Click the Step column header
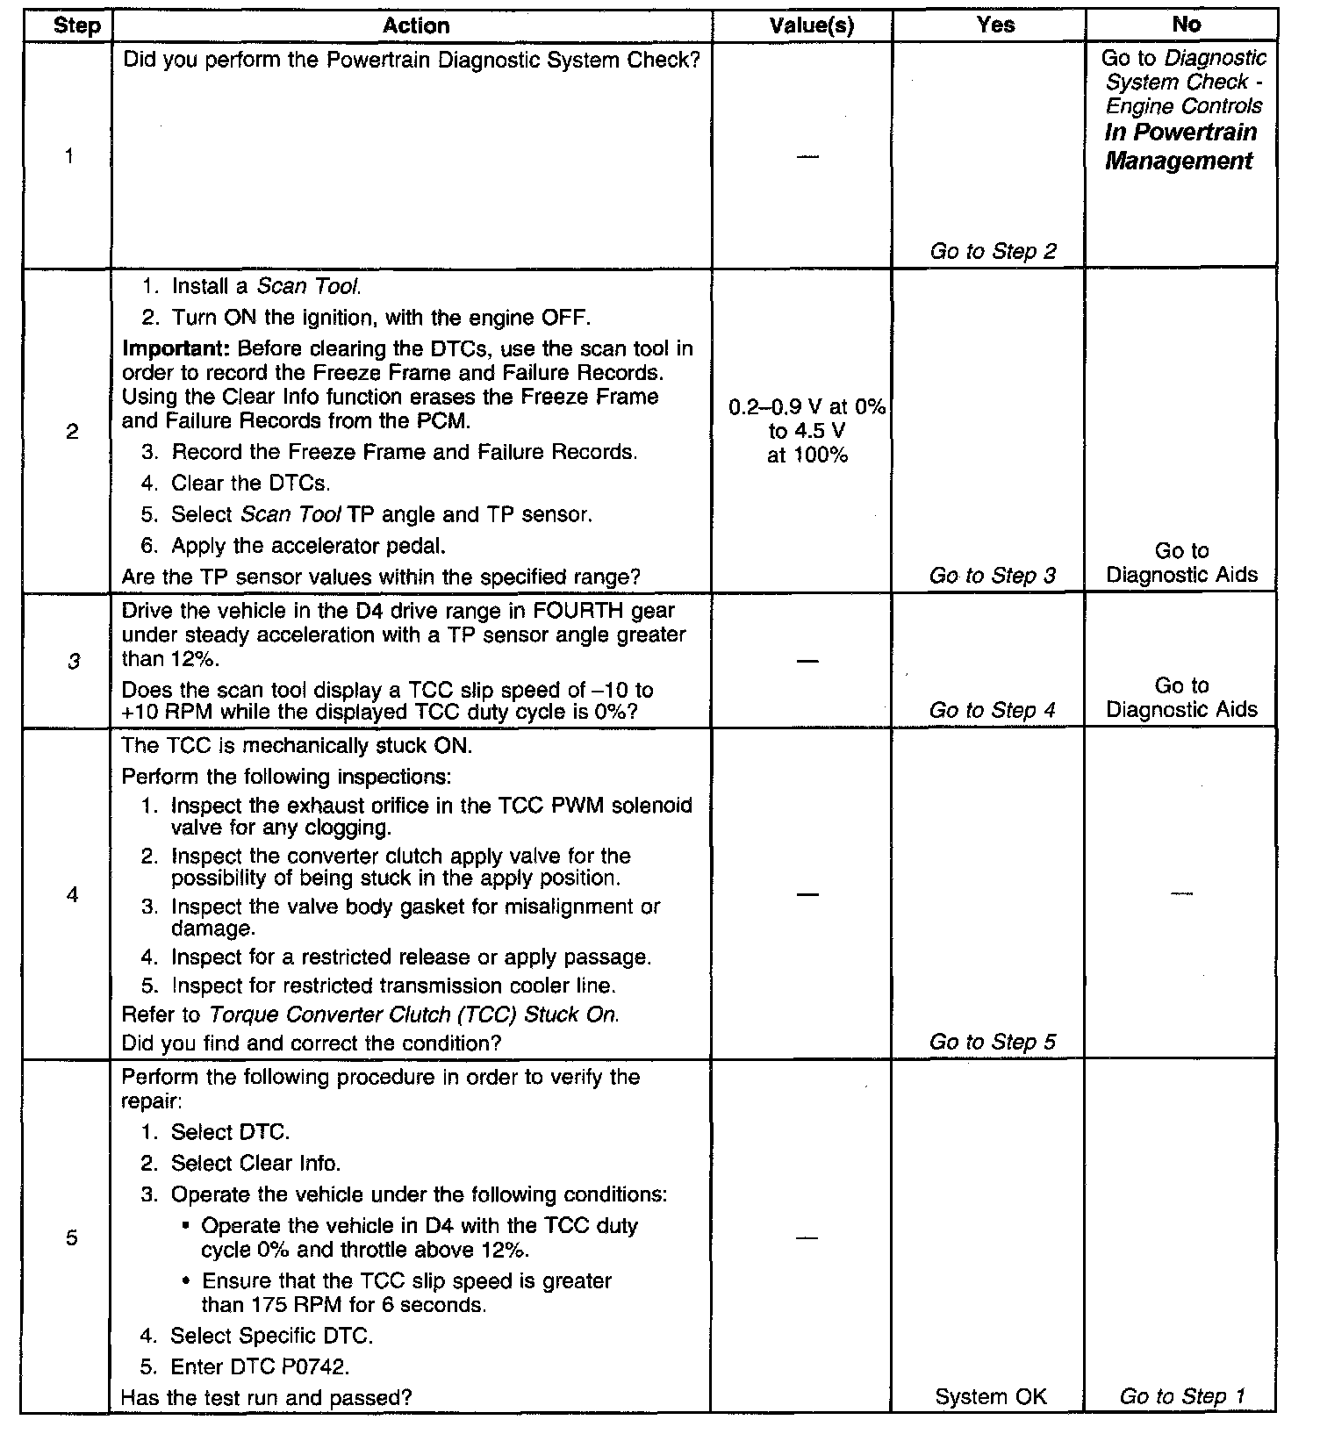pyautogui.click(x=76, y=25)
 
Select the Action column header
pyautogui.click(x=416, y=25)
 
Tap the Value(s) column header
pyautogui.click(x=811, y=25)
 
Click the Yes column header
pyautogui.click(x=995, y=25)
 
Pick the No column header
pyautogui.click(x=1186, y=25)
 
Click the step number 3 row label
pyautogui.click(x=74, y=661)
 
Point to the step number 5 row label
pyautogui.click(x=72, y=1237)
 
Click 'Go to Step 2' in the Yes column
pyautogui.click(x=993, y=251)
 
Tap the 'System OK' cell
pyautogui.click(x=991, y=1396)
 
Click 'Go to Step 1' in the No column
pyautogui.click(x=1181, y=1396)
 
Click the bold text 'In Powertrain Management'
pyautogui.click(x=1180, y=147)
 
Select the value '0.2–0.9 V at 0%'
pyautogui.click(x=807, y=407)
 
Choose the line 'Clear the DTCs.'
pyautogui.click(x=250, y=483)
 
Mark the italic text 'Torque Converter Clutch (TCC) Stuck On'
pyautogui.click(x=413, y=1015)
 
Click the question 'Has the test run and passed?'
pyautogui.click(x=266, y=1397)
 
